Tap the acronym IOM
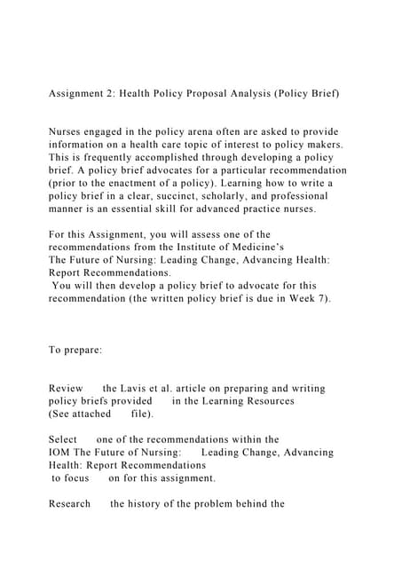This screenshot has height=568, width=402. pyautogui.click(x=59, y=453)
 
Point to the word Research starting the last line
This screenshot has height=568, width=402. pyautogui.click(x=70, y=504)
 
